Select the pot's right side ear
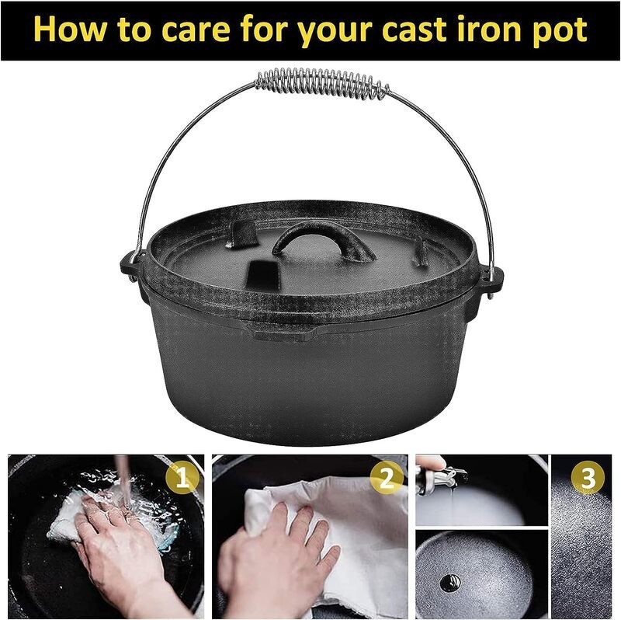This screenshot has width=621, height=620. tap(491, 278)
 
